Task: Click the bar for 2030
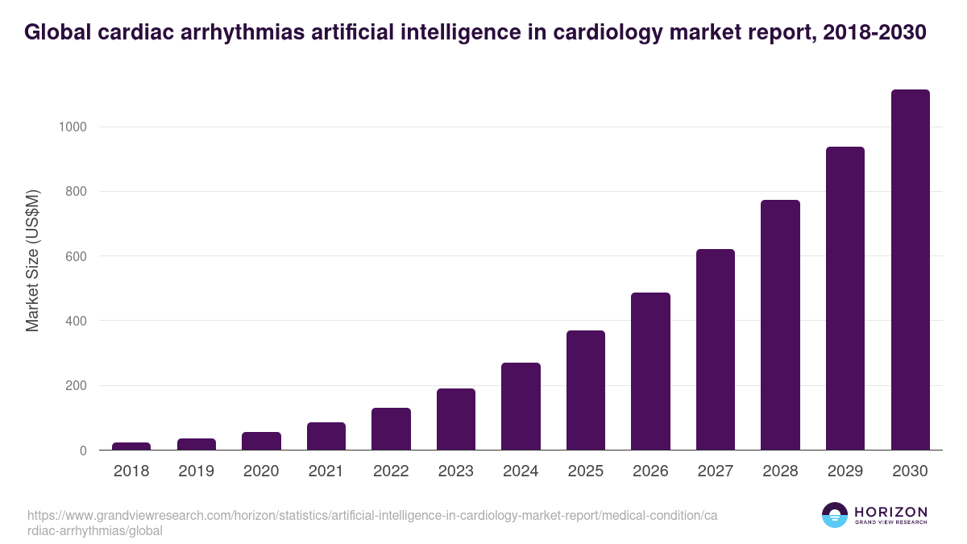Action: click(910, 270)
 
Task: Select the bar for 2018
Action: click(131, 446)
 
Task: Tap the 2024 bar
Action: click(521, 406)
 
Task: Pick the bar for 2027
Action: click(716, 350)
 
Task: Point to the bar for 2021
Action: click(326, 436)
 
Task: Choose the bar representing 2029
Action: click(845, 298)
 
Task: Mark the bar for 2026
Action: click(650, 372)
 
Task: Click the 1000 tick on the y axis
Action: click(72, 127)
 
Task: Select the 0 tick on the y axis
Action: click(82, 451)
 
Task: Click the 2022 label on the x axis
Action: click(391, 471)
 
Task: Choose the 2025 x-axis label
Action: click(586, 471)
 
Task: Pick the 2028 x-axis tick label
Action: click(780, 471)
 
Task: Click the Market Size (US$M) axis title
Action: click(32, 260)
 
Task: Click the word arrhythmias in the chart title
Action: click(221, 32)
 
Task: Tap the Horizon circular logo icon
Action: click(835, 515)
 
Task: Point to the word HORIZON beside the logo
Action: click(890, 512)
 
